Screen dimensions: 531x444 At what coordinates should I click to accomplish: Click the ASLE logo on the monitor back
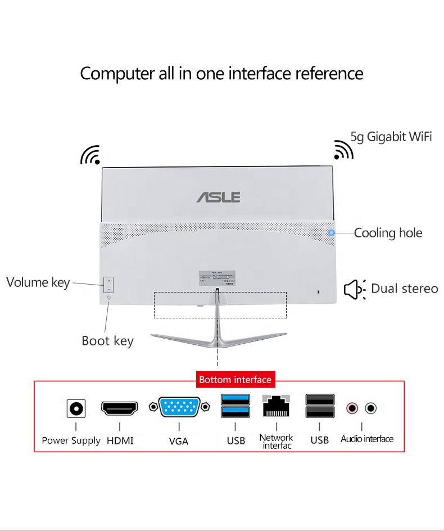(x=219, y=197)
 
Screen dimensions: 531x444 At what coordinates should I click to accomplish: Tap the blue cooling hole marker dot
(x=332, y=232)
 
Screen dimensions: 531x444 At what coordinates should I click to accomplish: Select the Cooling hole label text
(x=388, y=233)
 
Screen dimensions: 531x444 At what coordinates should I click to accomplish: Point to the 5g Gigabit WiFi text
(x=391, y=137)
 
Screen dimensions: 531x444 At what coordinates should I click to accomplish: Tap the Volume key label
(x=38, y=282)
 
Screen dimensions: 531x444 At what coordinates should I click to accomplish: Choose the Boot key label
(x=107, y=341)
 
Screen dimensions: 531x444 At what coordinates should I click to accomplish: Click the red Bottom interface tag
(x=235, y=380)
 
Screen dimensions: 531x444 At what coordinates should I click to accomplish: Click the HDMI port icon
(x=119, y=408)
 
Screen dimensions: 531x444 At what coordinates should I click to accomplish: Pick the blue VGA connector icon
(x=179, y=407)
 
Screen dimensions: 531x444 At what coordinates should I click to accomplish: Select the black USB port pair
(x=320, y=406)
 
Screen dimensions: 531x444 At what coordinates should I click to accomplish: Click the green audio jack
(x=370, y=408)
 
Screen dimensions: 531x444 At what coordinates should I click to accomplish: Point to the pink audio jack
(x=352, y=408)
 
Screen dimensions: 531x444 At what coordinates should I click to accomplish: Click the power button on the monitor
(x=108, y=298)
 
